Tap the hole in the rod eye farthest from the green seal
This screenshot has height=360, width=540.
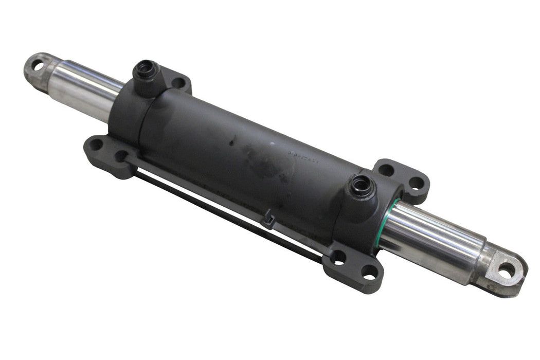(x=38, y=65)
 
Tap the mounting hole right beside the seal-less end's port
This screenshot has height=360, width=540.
(x=178, y=82)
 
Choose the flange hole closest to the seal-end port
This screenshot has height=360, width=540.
(x=386, y=169)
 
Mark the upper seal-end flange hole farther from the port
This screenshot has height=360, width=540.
(x=417, y=182)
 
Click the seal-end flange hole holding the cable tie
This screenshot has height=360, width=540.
(x=338, y=257)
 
